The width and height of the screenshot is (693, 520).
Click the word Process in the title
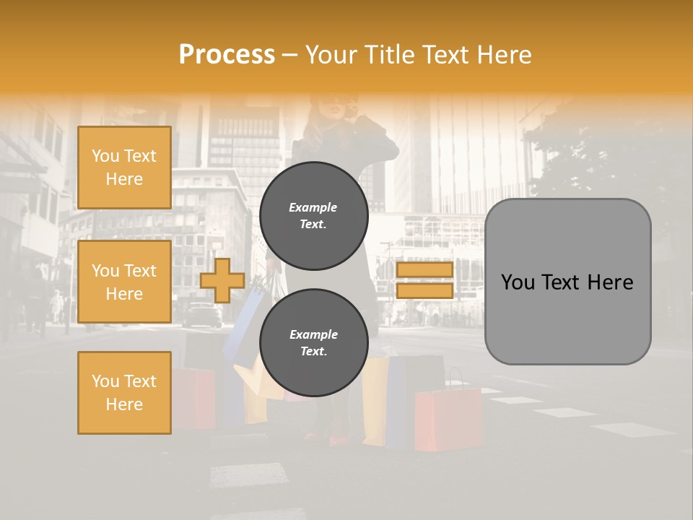click(x=227, y=54)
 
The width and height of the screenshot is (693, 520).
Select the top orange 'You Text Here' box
click(x=124, y=168)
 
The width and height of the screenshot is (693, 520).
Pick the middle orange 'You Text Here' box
click(x=124, y=282)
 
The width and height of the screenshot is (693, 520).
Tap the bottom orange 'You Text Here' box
click(x=124, y=392)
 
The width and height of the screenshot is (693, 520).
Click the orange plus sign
click(x=222, y=280)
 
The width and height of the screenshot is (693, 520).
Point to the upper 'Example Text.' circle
click(x=313, y=216)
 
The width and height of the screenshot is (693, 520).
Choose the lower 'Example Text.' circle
click(x=313, y=343)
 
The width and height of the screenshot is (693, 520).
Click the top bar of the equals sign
click(x=424, y=270)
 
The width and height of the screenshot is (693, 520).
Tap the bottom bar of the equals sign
click(x=424, y=290)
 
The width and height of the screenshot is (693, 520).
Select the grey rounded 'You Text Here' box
click(x=567, y=282)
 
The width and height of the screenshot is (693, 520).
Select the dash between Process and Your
click(x=290, y=55)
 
